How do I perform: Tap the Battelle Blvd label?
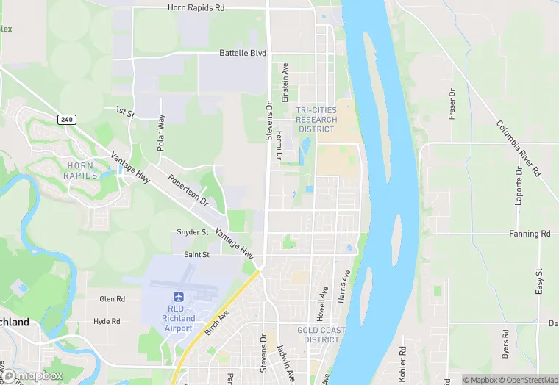242,53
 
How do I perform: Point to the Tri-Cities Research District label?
316,120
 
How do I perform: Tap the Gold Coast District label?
321,335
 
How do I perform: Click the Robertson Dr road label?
188,190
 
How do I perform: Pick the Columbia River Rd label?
518,148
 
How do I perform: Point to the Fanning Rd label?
530,234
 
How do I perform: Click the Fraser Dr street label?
452,104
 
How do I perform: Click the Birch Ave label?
218,323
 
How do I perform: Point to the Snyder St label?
193,232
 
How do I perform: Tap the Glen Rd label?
112,299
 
